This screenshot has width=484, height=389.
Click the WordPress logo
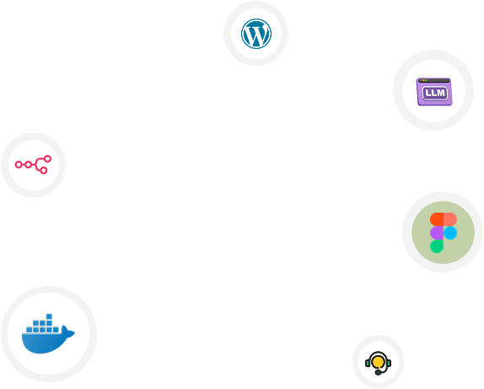[x=256, y=34]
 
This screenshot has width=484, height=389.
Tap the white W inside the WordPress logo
[x=256, y=34]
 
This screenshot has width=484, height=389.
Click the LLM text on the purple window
[x=434, y=93]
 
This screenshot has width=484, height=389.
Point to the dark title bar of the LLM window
[x=433, y=81]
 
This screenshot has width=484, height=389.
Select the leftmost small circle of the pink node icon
[x=19, y=165]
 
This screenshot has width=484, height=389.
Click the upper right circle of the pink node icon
[x=47, y=159]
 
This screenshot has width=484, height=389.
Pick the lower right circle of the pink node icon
[x=44, y=170]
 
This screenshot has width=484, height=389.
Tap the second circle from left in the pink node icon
[x=29, y=165]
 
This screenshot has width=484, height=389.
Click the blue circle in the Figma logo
[x=450, y=233]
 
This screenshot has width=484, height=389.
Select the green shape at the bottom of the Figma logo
[x=437, y=246]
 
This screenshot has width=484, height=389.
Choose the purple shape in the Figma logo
[x=437, y=233]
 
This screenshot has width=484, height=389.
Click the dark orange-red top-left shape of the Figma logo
[x=437, y=219]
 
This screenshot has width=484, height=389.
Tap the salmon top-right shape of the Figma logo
[x=450, y=219]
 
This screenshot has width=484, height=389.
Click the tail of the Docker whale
[x=68, y=332]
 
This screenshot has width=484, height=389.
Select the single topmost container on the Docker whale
[x=49, y=316]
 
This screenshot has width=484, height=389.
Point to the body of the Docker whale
[x=43, y=343]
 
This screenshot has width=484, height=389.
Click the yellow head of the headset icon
[x=378, y=361]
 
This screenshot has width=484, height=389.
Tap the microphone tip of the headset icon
[x=378, y=373]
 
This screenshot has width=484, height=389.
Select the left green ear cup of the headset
[x=368, y=363]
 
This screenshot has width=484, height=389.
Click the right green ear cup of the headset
[x=389, y=363]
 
